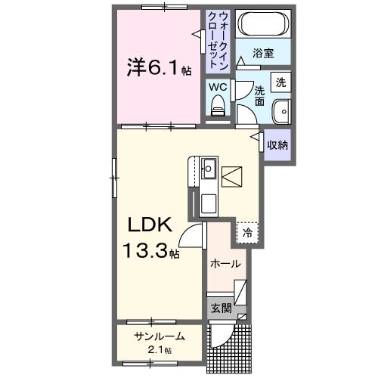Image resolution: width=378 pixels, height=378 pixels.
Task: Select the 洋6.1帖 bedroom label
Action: click(158, 68)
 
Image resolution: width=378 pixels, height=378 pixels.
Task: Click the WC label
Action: click(218, 86)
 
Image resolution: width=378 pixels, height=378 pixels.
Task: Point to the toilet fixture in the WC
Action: click(218, 108)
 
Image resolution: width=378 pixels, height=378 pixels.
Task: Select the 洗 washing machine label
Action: click(280, 82)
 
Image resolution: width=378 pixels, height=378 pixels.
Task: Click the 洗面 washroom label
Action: click(259, 95)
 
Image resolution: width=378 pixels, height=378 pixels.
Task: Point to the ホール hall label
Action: click(225, 264)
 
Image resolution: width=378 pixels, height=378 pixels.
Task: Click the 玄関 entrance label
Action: click(220, 308)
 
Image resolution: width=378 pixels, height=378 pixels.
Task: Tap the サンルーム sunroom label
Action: click(160, 336)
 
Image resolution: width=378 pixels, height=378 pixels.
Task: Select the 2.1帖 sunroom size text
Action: click(160, 350)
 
